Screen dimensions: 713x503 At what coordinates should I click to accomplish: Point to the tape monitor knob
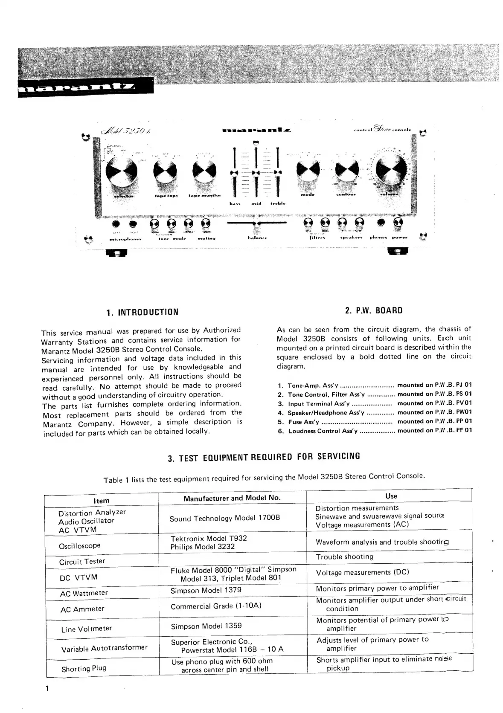(x=204, y=171)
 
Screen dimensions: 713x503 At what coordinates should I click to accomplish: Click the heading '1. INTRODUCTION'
(x=142, y=312)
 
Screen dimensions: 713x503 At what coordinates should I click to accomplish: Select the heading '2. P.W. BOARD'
(x=374, y=310)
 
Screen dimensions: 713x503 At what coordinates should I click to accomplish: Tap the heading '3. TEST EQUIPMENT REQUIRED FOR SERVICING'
(x=264, y=458)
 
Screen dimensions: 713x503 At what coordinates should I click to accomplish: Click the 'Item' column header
(x=102, y=501)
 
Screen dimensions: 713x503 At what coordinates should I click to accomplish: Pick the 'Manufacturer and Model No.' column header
(x=232, y=498)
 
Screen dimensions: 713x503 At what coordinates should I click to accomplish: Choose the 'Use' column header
(x=391, y=496)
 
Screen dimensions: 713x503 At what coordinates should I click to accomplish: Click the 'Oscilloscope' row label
(x=80, y=546)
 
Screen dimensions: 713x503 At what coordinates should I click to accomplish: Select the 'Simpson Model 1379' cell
(x=206, y=590)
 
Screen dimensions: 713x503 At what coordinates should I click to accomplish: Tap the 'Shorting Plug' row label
(x=84, y=669)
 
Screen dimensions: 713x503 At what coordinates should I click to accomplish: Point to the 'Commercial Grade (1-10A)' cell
(x=216, y=606)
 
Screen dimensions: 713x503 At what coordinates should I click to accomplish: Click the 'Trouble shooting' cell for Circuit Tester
(x=344, y=557)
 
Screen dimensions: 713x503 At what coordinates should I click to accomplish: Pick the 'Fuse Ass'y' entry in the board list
(x=303, y=422)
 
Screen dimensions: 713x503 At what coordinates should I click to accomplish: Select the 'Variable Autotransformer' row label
(x=104, y=649)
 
